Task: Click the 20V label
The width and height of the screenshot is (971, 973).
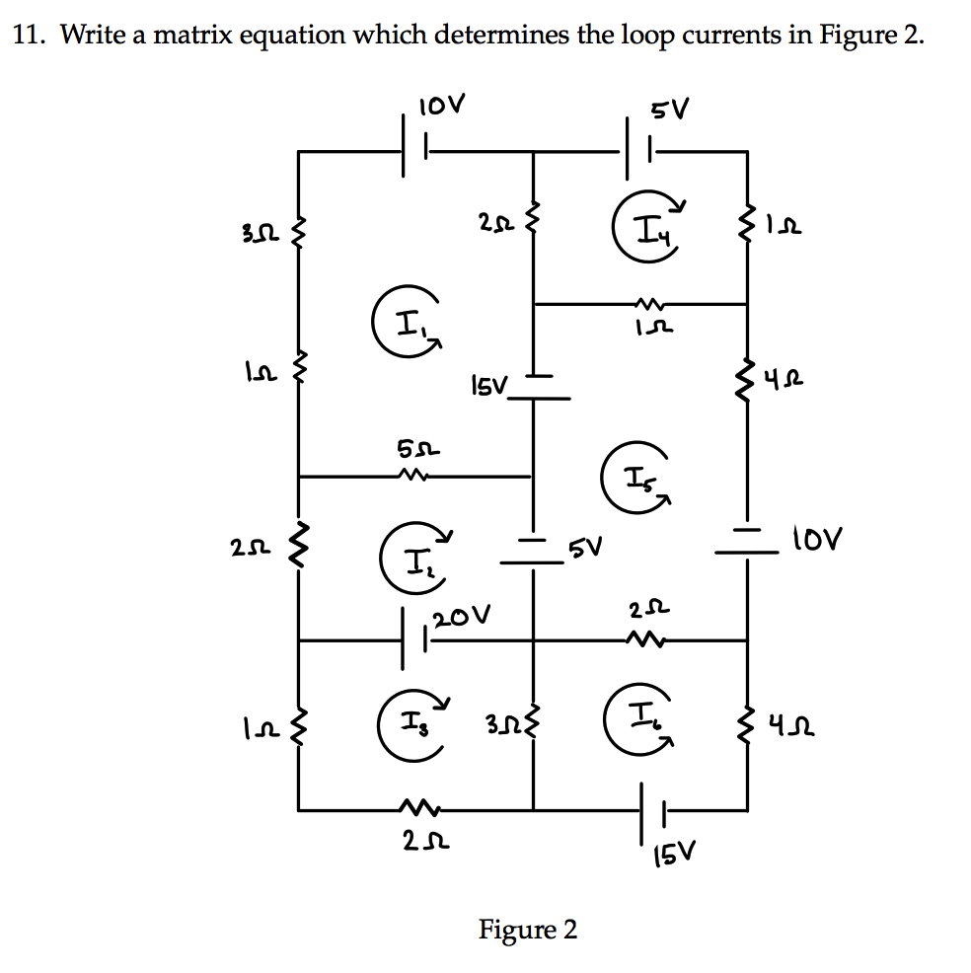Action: (x=460, y=618)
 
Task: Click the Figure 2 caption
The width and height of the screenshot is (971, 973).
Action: (x=528, y=929)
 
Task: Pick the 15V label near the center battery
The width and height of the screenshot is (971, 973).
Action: (x=486, y=383)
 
